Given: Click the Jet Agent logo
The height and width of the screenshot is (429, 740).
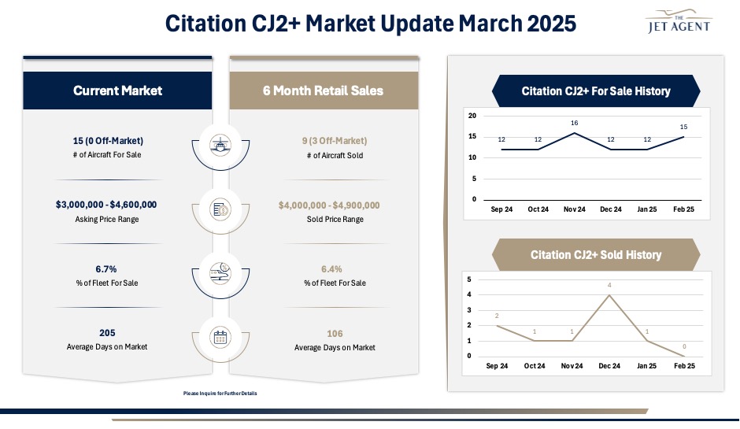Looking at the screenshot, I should point(678,21).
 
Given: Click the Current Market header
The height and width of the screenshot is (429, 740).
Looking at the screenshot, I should point(117,91).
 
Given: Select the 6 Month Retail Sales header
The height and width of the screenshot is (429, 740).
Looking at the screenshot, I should point(323,91).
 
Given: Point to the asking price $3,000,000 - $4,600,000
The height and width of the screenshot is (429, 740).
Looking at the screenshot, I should point(106,205).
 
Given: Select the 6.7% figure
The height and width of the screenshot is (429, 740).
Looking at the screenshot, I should point(106,268).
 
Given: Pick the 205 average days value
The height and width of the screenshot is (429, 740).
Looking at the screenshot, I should point(107,333).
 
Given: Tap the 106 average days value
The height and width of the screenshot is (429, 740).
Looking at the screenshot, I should point(334,334).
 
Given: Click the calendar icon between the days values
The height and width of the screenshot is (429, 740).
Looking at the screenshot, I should point(220,338).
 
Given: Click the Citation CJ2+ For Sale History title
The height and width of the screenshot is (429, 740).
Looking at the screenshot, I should point(596,91).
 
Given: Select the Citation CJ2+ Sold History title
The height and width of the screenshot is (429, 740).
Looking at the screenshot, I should point(596,255).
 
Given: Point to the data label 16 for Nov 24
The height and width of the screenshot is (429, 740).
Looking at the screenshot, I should point(575,124).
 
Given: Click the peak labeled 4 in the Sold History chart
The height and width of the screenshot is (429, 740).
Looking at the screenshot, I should point(609,285).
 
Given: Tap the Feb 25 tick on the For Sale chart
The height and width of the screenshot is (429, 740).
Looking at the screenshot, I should point(684,209).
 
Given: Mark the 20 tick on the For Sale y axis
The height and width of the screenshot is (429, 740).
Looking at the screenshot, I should point(472,116).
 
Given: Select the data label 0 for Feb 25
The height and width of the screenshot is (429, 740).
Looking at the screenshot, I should point(684,346).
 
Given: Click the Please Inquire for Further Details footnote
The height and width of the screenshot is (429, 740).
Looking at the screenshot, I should point(220,393).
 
